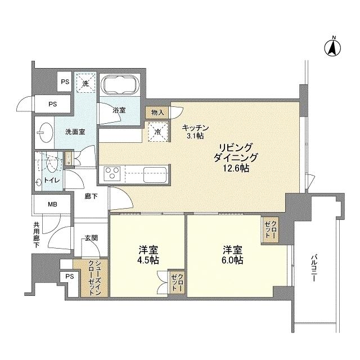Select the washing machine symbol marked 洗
[x=85, y=83]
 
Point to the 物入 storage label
[x=157, y=112]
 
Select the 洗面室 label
[x=74, y=132]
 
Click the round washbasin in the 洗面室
[x=43, y=133]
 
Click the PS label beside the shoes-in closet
[x=69, y=276]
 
